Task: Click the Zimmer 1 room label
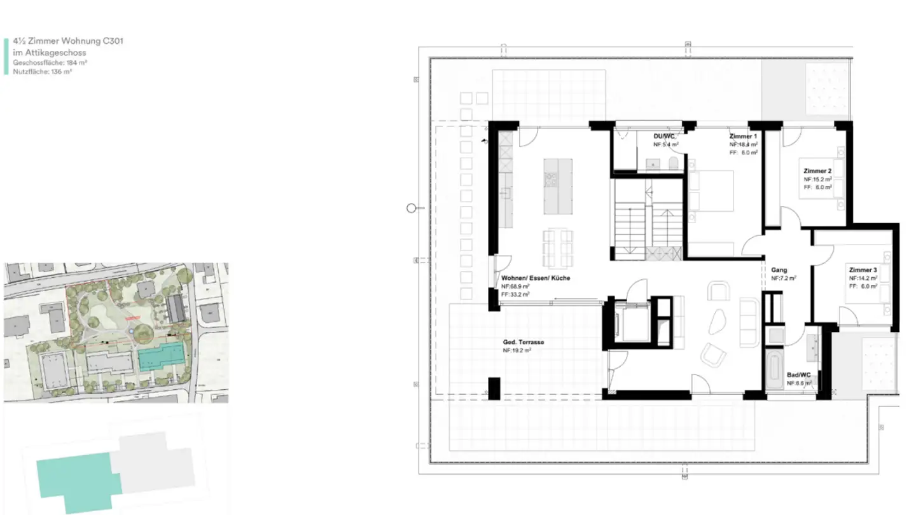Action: coord(742,137)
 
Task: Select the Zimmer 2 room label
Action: coord(817,172)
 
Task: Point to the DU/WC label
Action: coord(663,137)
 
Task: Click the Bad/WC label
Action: coord(798,375)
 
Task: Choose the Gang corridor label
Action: coord(779,270)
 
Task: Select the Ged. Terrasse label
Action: coord(524,342)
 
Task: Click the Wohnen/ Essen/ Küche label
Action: coord(536,278)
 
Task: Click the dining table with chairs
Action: coord(558,248)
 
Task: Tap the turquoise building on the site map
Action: coord(162,357)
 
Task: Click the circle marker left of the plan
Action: coord(411,208)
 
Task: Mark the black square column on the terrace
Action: coord(494,388)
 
